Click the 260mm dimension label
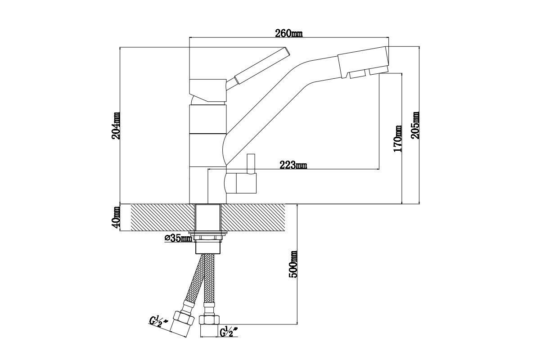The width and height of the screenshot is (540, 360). click(x=289, y=33)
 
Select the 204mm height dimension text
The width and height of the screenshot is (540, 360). click(x=116, y=126)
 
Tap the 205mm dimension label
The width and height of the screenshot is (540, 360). click(x=415, y=125)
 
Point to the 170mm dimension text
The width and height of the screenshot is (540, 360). click(x=397, y=139)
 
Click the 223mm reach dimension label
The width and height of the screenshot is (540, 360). click(x=293, y=165)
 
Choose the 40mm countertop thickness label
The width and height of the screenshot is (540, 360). click(x=116, y=217)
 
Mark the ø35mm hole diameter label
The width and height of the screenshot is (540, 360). click(x=178, y=238)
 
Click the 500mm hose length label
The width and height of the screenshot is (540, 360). click(x=293, y=265)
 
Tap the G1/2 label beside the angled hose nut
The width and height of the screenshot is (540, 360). click(x=158, y=322)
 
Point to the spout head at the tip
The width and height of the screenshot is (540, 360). click(x=364, y=62)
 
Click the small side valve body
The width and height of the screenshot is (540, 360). click(x=241, y=183)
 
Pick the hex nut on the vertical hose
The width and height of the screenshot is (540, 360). click(x=209, y=320)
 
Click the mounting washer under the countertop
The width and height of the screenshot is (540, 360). click(x=208, y=233)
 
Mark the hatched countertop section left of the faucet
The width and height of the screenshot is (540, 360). click(x=163, y=217)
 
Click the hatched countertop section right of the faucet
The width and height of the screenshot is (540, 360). click(x=253, y=217)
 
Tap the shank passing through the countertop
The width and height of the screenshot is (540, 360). click(x=208, y=217)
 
